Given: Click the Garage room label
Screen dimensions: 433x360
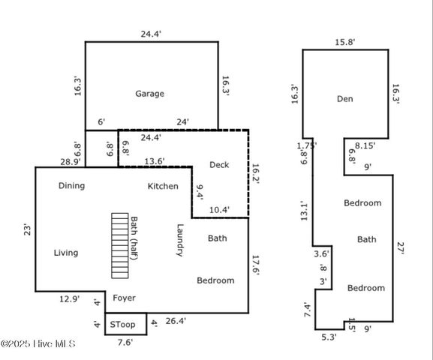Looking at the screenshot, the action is point(149,94).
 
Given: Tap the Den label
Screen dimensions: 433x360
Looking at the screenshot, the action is point(345,99).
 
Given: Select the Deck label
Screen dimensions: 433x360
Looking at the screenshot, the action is point(219,165).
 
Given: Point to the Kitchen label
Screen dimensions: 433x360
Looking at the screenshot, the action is point(163,186).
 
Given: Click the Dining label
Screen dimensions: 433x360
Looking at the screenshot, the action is point(71,186).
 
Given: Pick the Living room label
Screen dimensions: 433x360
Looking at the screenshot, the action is point(66,253).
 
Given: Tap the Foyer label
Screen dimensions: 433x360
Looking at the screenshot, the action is point(125,298).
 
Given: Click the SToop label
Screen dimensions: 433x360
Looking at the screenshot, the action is point(122,325).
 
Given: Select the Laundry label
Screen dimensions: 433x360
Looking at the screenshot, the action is point(180,240).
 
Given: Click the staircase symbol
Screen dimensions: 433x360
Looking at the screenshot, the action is point(120,246).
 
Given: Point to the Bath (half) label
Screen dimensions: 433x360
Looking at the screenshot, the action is point(134,238).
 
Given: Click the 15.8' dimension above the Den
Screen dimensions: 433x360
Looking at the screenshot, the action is point(345,42).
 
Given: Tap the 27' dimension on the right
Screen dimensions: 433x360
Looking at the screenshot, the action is point(401,248).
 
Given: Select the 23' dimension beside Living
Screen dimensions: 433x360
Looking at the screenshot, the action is point(27,229).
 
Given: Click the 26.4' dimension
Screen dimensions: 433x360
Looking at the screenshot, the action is point(176,321).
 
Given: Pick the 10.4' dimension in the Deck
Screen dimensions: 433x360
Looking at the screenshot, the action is point(219,210).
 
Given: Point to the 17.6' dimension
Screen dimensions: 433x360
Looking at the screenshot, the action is point(256,265).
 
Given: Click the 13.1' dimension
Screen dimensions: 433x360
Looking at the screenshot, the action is point(304,211).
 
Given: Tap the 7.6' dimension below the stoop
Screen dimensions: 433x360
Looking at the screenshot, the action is point(125,342).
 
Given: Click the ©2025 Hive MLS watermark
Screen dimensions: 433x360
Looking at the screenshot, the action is point(38,344).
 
